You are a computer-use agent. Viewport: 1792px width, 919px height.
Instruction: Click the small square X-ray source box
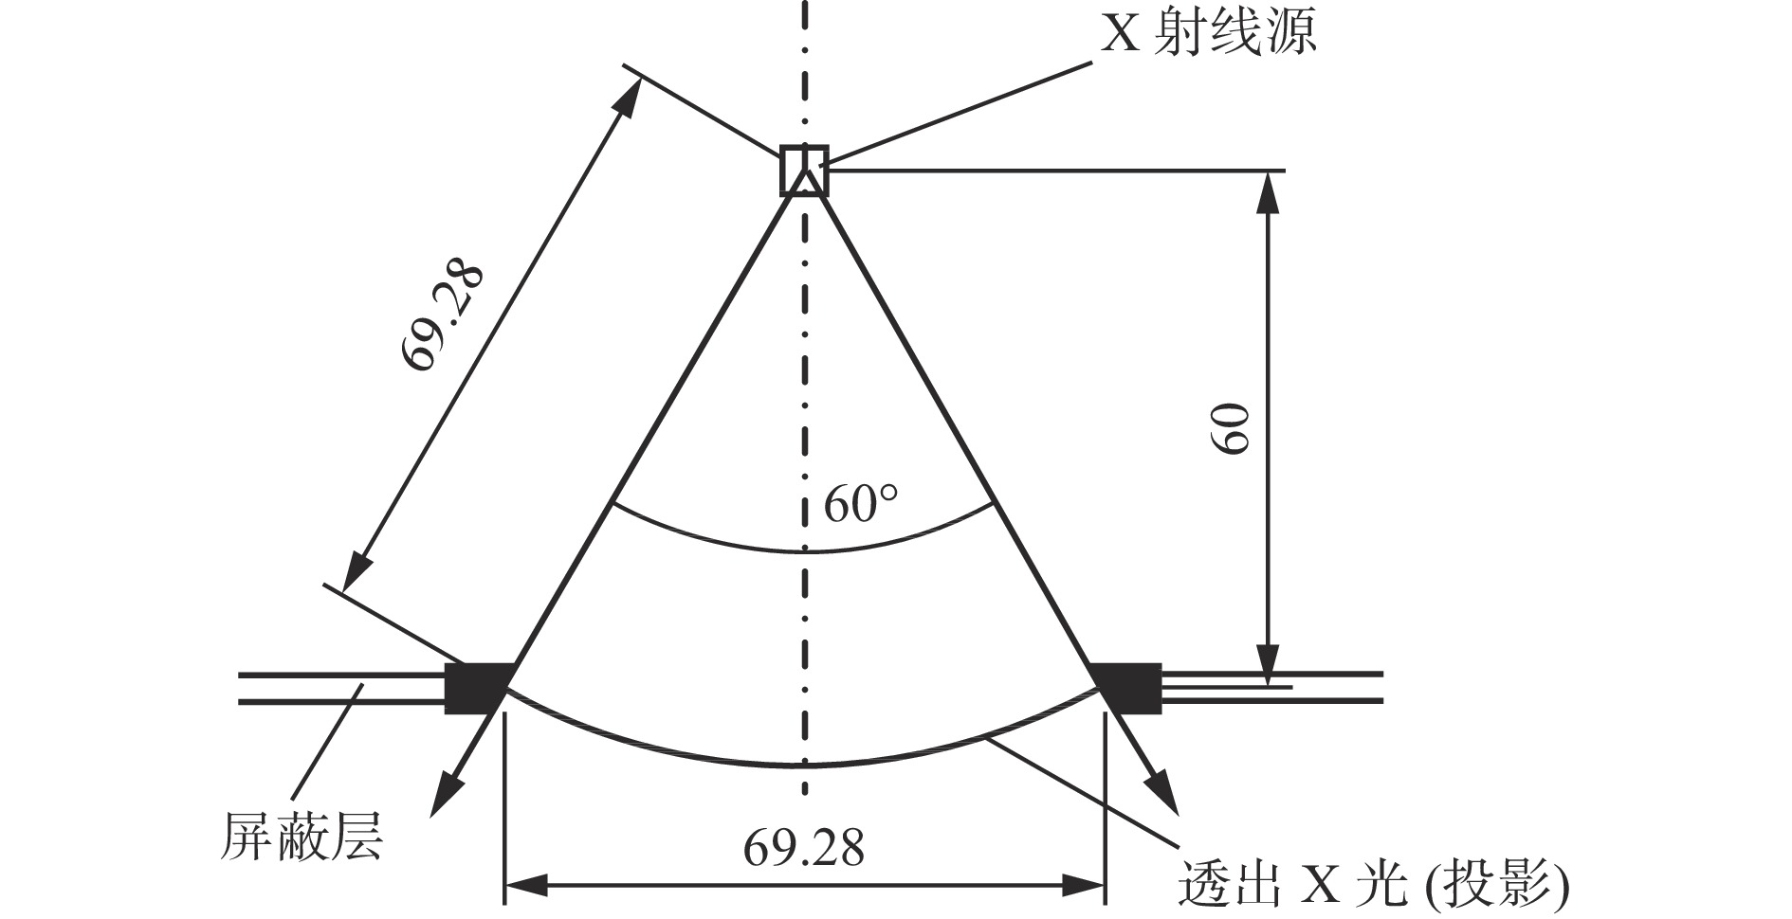coord(804,171)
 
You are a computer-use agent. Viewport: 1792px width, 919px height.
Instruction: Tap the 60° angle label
coord(860,504)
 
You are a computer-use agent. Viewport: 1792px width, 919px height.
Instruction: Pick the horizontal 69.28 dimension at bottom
coord(804,847)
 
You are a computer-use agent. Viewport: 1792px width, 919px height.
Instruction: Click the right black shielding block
coord(1127,688)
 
